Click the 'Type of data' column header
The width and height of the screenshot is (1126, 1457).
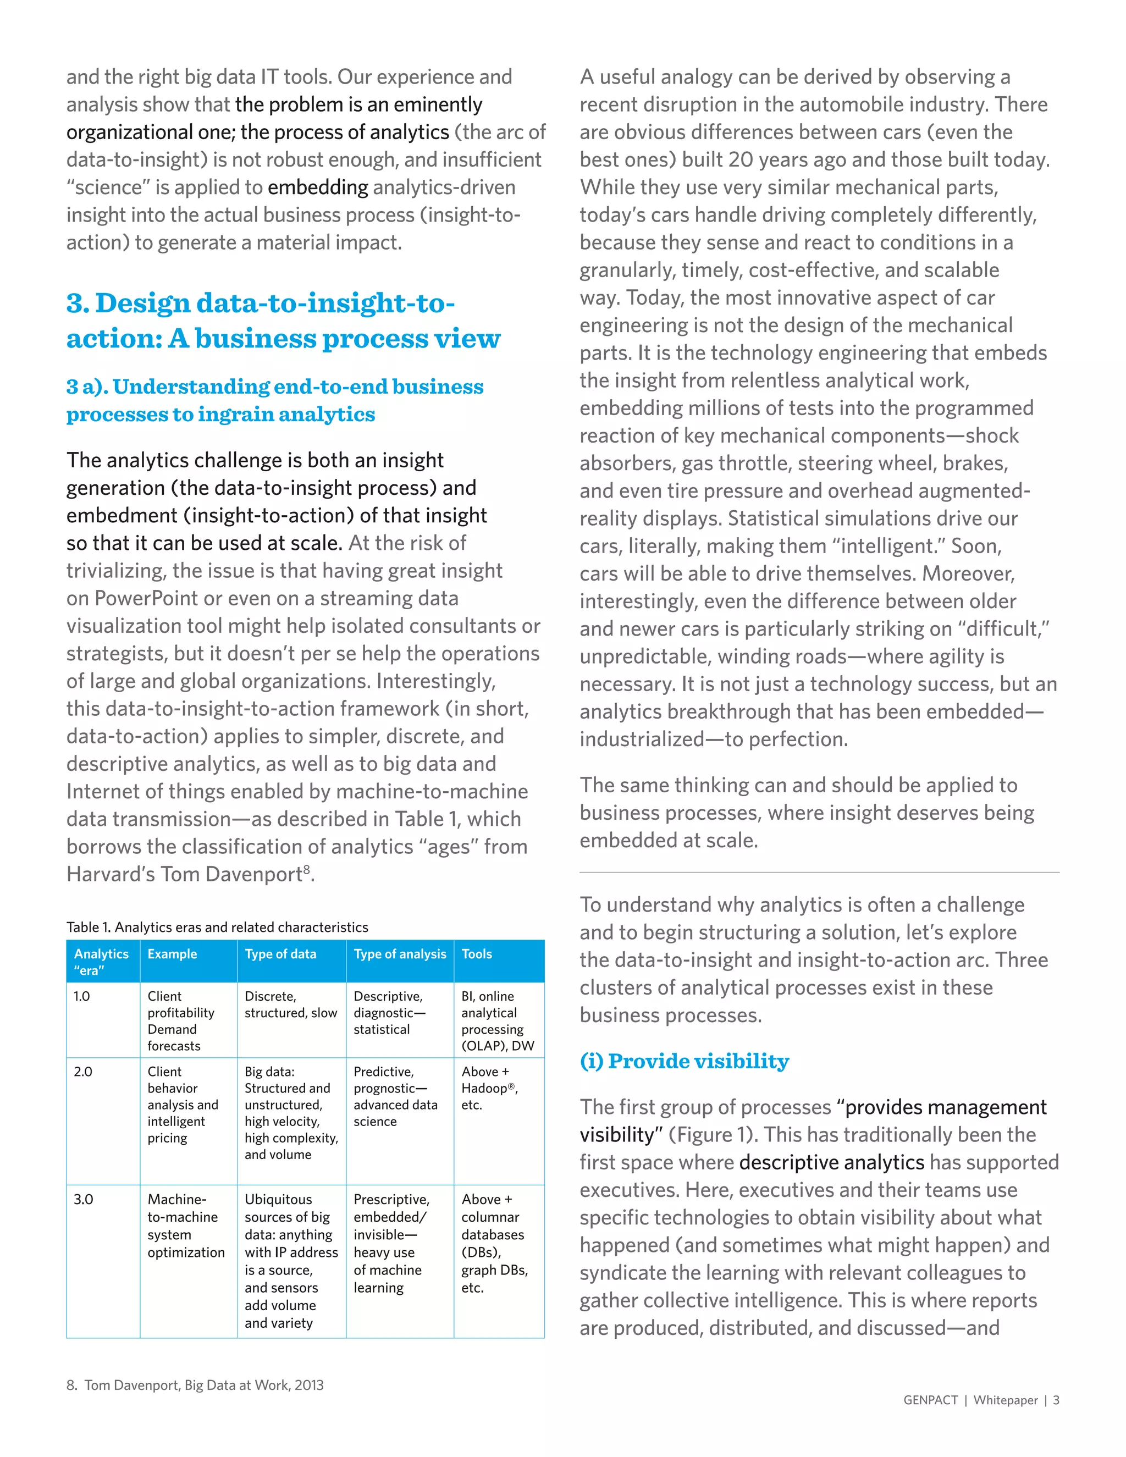(x=280, y=954)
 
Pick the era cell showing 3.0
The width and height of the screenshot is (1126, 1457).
(x=84, y=1199)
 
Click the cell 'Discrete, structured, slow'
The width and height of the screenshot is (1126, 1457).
(x=291, y=1005)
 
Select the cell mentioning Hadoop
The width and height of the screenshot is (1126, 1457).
(x=490, y=1088)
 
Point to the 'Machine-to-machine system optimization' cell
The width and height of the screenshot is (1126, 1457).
(x=186, y=1226)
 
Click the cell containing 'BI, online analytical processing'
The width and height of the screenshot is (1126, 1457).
(x=498, y=1020)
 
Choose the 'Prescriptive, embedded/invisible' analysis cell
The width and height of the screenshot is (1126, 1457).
(x=391, y=1243)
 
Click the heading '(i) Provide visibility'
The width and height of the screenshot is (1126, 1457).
(x=684, y=1061)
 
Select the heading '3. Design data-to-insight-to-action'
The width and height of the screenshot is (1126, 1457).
(x=283, y=321)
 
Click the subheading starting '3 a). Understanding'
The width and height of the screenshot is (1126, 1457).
(x=274, y=400)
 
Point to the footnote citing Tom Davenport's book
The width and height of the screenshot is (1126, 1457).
(x=195, y=1385)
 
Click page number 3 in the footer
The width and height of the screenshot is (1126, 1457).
(x=1056, y=1400)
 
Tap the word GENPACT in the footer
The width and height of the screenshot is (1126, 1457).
(x=930, y=1400)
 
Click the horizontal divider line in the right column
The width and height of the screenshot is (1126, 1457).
(x=819, y=872)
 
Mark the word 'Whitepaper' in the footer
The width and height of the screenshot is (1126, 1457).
(x=1005, y=1400)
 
